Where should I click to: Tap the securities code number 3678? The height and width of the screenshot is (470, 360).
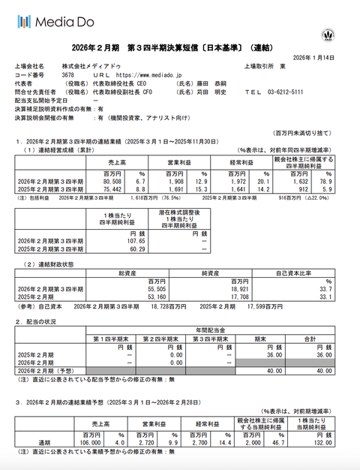click(x=68, y=75)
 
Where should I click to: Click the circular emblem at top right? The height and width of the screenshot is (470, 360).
click(x=327, y=34)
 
